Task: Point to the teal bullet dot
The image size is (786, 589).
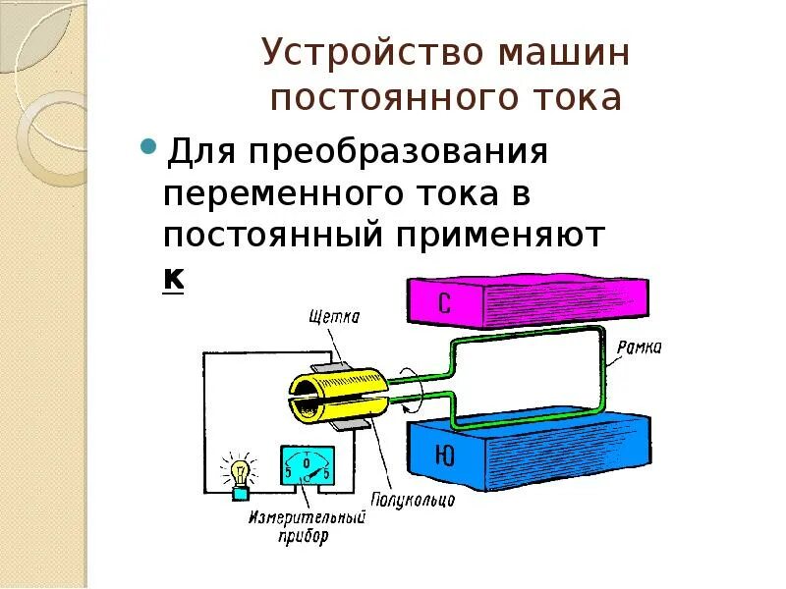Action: pos(149,147)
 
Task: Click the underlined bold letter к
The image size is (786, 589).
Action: pos(173,279)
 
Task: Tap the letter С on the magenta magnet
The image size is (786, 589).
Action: pos(444,304)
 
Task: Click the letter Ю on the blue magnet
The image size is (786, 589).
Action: pos(444,455)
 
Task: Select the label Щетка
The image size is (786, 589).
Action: pos(335,316)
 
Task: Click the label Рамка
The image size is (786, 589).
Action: pos(640,347)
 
